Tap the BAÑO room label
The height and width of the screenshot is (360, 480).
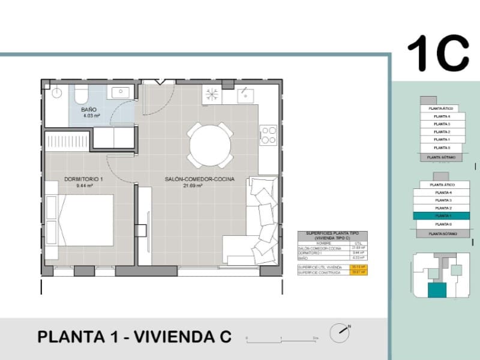(89, 110)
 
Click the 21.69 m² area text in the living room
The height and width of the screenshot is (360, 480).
(192, 186)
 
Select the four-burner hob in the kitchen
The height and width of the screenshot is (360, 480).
(268, 134)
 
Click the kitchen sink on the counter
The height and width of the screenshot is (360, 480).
(245, 94)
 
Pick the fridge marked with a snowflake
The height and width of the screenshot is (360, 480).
(212, 94)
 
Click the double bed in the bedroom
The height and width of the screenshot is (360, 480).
(85, 220)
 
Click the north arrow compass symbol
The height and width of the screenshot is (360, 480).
(340, 331)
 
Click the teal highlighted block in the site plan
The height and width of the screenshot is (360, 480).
(437, 291)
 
